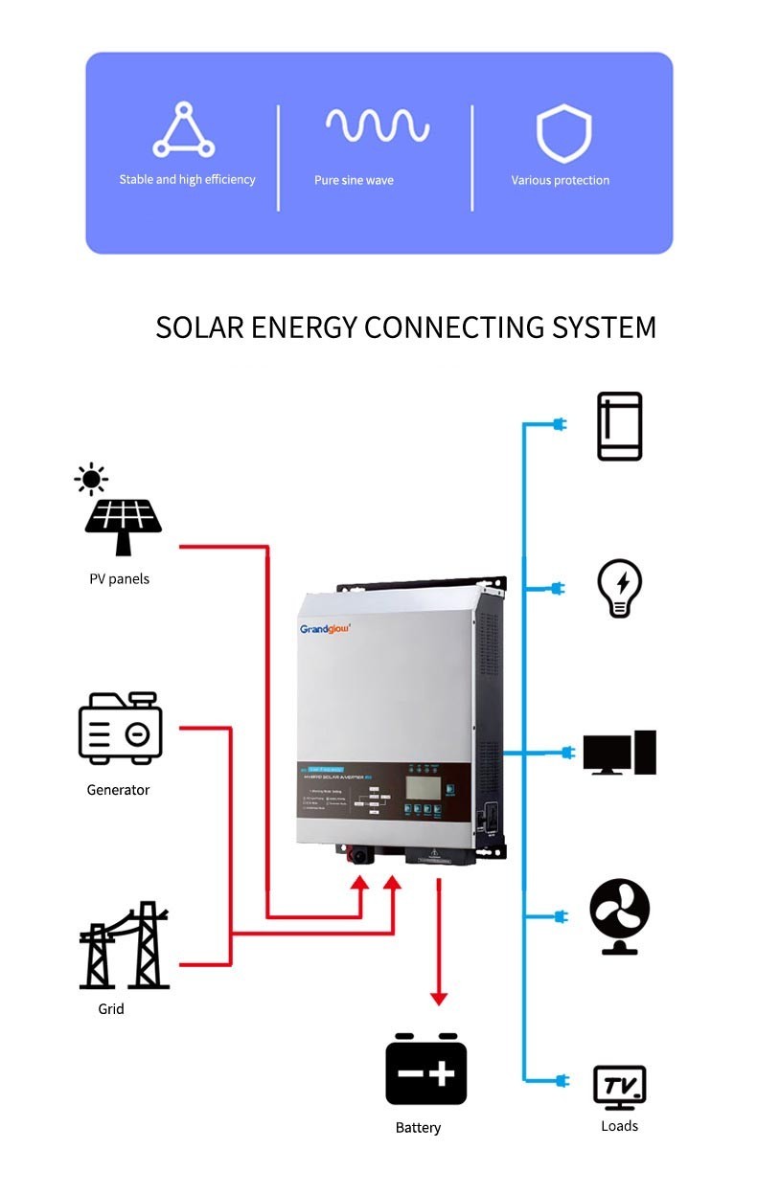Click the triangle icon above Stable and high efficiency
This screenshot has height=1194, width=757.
[x=184, y=131]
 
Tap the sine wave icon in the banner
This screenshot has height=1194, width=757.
[x=377, y=125]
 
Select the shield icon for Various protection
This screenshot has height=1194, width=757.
[x=563, y=133]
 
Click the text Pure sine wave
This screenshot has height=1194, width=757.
[x=354, y=180]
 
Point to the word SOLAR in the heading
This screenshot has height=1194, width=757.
[x=199, y=327]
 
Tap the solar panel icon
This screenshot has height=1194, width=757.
[x=124, y=526]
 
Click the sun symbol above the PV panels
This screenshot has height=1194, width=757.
[x=91, y=478]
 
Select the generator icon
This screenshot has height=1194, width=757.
[x=120, y=729]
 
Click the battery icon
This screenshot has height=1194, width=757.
[x=425, y=1070]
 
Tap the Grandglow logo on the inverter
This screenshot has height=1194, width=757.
[x=326, y=630]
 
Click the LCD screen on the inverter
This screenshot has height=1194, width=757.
[x=423, y=787]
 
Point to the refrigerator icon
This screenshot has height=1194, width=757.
[x=619, y=426]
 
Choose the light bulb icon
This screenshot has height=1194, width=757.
[x=619, y=588]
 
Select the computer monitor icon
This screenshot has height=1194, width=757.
[x=619, y=753]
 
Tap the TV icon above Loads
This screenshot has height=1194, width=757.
[x=619, y=1087]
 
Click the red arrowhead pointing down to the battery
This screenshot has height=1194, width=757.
[x=439, y=998]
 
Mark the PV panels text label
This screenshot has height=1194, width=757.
[x=119, y=579]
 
